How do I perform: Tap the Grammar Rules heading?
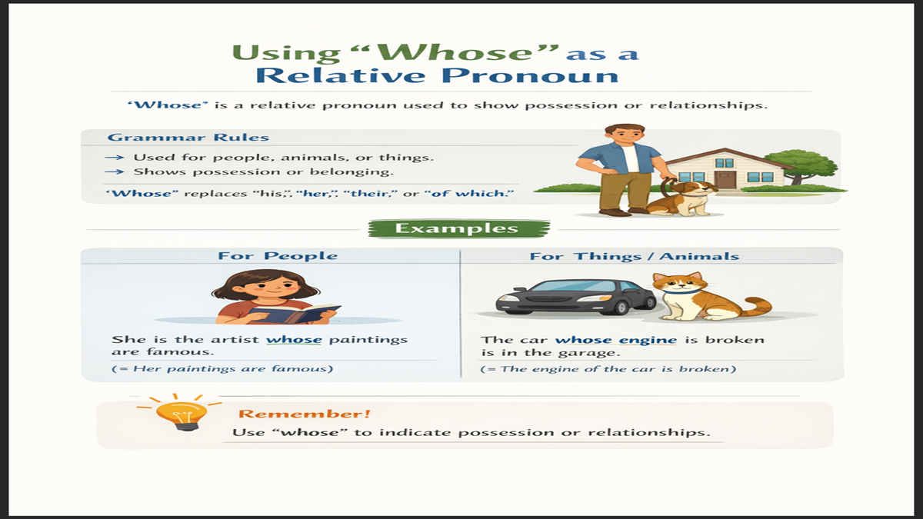click(x=188, y=138)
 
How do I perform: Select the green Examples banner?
click(x=459, y=228)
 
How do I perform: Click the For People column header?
click(x=278, y=256)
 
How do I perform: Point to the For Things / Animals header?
click(x=634, y=256)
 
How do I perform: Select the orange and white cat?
click(x=697, y=297)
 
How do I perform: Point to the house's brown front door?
click(x=725, y=178)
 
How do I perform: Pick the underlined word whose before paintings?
click(x=294, y=339)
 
